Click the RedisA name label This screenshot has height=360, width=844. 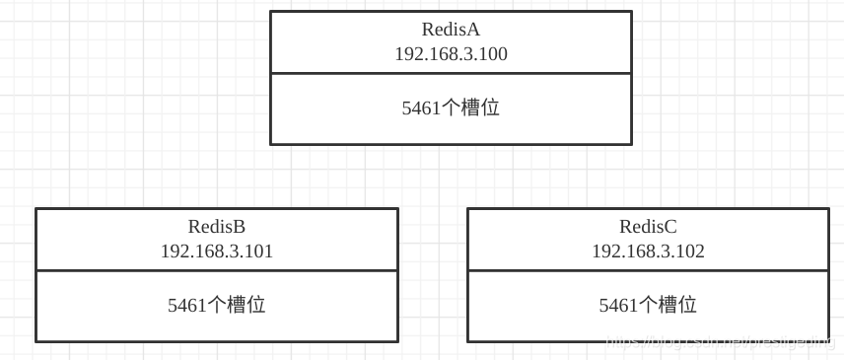pyautogui.click(x=451, y=30)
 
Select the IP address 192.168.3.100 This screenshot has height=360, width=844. pyautogui.click(x=451, y=54)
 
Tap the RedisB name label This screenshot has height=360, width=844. pyautogui.click(x=216, y=227)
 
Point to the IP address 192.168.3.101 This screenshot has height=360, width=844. pyautogui.click(x=216, y=252)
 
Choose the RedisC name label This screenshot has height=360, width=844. pyautogui.click(x=648, y=227)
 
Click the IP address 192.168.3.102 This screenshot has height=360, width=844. pyautogui.click(x=648, y=252)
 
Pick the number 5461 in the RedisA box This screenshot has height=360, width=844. pyautogui.click(x=421, y=108)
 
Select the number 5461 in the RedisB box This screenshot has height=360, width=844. pyautogui.click(x=187, y=306)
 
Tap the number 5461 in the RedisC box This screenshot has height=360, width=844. pyautogui.click(x=618, y=306)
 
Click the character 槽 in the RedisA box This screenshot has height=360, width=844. pyautogui.click(x=470, y=108)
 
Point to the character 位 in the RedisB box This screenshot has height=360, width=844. pyautogui.click(x=256, y=306)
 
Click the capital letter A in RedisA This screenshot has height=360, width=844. pyautogui.click(x=473, y=30)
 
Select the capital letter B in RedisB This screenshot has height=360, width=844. pyautogui.click(x=239, y=227)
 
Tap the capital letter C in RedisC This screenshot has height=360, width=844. pyautogui.click(x=670, y=227)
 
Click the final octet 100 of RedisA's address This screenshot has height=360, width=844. pyautogui.click(x=494, y=54)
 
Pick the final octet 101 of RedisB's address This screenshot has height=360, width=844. pyautogui.click(x=260, y=252)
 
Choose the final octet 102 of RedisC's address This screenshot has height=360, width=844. pyautogui.click(x=691, y=252)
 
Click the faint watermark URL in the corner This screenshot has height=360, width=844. pyautogui.click(x=720, y=342)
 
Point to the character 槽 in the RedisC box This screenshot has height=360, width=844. pyautogui.click(x=668, y=306)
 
